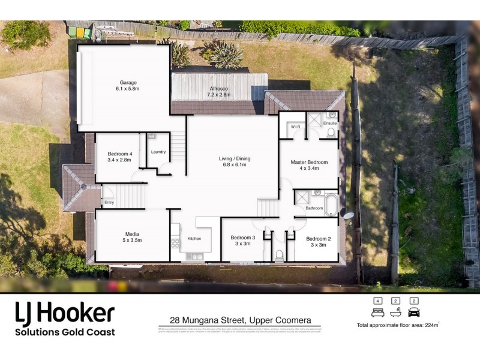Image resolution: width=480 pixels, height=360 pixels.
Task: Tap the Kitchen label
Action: click(x=194, y=239)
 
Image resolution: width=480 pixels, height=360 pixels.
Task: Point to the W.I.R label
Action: click(x=295, y=127)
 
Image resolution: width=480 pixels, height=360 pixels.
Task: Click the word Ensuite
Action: click(x=330, y=124)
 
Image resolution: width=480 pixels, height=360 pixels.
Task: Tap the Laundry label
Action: click(x=158, y=152)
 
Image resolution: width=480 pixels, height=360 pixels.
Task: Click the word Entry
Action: click(x=109, y=202)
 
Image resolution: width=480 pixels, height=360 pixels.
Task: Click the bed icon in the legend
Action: click(x=377, y=313)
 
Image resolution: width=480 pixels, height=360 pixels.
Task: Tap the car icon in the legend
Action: click(x=413, y=313)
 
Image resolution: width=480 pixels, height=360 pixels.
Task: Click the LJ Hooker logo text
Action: click(x=64, y=313)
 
